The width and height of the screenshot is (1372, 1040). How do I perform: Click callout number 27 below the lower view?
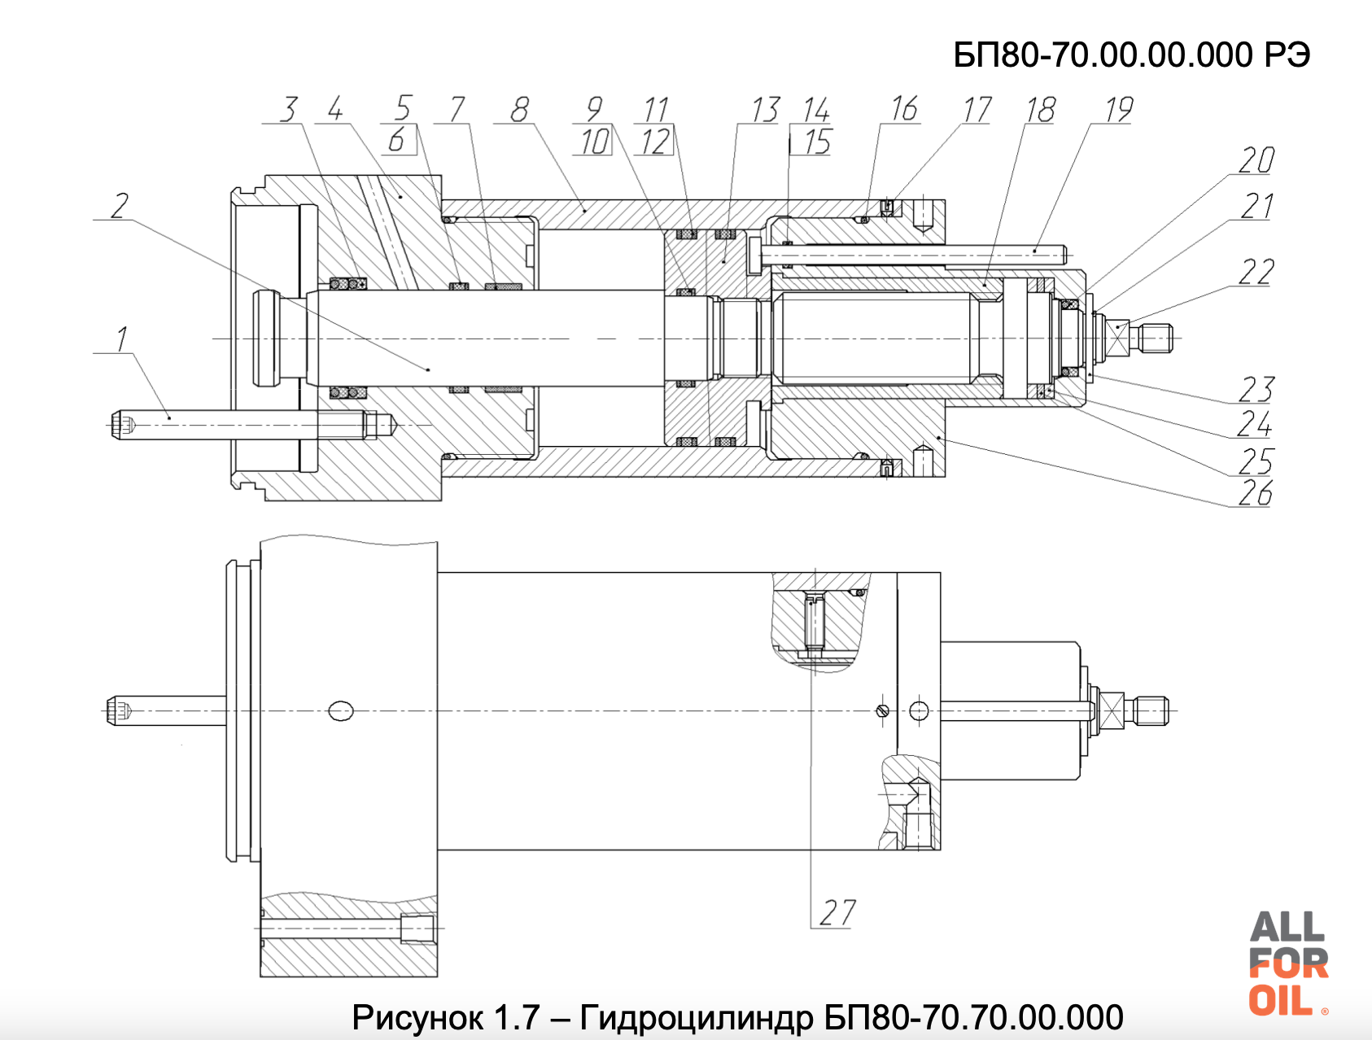(x=837, y=912)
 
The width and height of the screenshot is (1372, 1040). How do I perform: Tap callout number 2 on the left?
(x=120, y=205)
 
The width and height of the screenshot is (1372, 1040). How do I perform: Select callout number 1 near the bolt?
(x=122, y=339)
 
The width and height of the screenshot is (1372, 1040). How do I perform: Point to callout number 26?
(x=1255, y=493)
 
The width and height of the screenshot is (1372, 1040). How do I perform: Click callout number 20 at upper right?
(x=1256, y=160)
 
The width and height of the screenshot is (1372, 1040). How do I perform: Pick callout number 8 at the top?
(x=519, y=109)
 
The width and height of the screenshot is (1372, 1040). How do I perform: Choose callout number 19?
(x=1119, y=109)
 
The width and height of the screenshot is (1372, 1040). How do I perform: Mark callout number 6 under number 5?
(x=397, y=141)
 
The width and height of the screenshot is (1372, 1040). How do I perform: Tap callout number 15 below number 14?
(x=817, y=142)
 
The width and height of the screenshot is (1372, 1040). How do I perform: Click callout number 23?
(x=1256, y=390)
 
